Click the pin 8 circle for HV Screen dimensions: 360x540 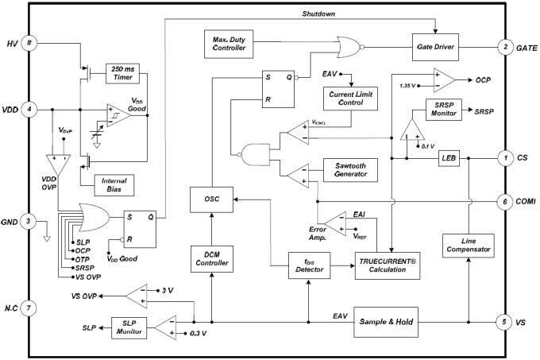click(29, 43)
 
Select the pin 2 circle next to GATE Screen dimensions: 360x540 click(505, 48)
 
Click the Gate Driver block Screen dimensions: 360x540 click(435, 48)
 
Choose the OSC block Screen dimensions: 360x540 click(210, 201)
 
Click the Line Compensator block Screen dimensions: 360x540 click(468, 245)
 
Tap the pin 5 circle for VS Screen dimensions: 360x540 click(505, 322)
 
